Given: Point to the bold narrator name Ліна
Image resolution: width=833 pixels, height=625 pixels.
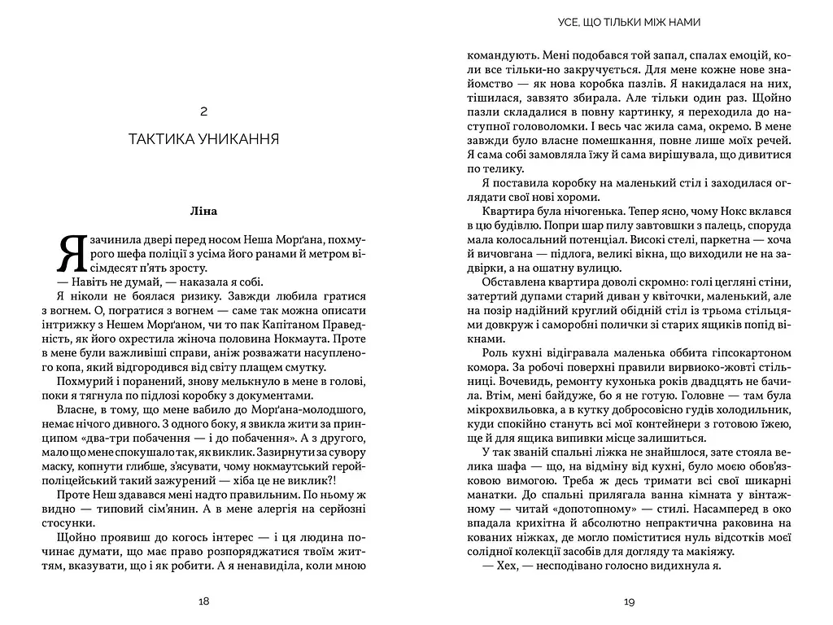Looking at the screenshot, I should click(x=204, y=212).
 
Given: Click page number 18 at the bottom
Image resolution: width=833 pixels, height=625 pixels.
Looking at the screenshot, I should click(x=203, y=601).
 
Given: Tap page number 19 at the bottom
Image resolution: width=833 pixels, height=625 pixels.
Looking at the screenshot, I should click(x=629, y=601).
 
